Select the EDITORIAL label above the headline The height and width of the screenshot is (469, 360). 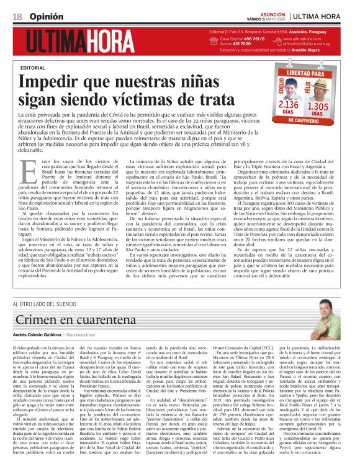point(33,66)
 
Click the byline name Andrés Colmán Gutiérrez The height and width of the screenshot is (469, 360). point(42,334)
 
